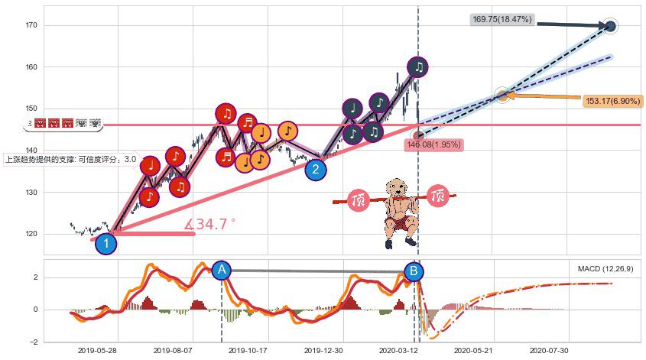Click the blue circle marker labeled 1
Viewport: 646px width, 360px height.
click(x=106, y=244)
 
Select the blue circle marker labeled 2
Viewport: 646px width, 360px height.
click(x=316, y=170)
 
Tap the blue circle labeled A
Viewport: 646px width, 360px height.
click(x=221, y=270)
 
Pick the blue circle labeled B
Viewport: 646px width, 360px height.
click(x=414, y=271)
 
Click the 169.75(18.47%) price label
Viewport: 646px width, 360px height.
click(x=502, y=19)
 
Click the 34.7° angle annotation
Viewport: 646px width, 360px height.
click(x=211, y=225)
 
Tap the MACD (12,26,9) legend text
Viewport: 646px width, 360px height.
click(x=605, y=269)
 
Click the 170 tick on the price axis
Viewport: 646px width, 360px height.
click(x=31, y=26)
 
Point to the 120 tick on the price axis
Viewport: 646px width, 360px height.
click(x=31, y=234)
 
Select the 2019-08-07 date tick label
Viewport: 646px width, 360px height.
click(x=173, y=350)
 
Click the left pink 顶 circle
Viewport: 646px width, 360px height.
click(x=359, y=200)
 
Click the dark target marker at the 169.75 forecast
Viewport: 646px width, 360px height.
click(x=610, y=27)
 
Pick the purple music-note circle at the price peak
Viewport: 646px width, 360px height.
click(x=417, y=66)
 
